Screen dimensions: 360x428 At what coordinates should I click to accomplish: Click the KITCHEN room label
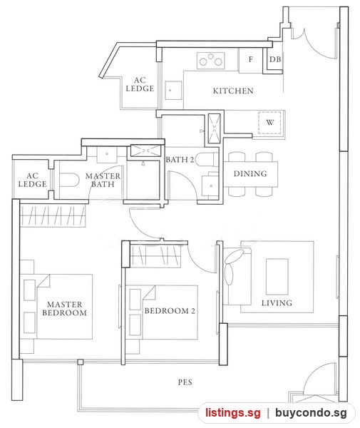click(x=233, y=91)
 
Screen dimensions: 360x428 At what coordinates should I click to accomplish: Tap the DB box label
click(x=275, y=59)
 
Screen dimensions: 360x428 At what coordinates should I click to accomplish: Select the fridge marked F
click(x=251, y=61)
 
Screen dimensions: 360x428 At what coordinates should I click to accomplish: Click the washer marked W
click(x=269, y=123)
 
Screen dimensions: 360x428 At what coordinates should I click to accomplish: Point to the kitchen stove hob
click(x=210, y=61)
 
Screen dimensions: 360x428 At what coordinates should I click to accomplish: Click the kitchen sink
click(x=173, y=91)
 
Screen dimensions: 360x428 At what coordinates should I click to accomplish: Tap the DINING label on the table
click(x=250, y=173)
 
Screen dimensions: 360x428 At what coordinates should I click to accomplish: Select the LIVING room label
click(x=277, y=303)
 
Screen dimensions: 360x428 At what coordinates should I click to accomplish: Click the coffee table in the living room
click(x=277, y=277)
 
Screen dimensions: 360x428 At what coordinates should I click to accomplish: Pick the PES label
click(x=185, y=382)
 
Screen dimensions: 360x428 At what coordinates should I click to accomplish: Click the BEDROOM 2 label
click(x=170, y=311)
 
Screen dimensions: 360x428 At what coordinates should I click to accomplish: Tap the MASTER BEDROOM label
click(x=64, y=308)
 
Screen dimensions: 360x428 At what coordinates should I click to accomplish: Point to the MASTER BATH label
click(x=103, y=180)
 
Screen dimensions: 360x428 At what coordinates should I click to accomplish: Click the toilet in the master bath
click(x=69, y=180)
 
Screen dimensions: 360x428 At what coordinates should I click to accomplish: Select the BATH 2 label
click(x=180, y=160)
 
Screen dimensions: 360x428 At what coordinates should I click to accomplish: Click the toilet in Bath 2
click(x=207, y=159)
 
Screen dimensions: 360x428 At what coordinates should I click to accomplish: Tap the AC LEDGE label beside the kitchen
click(x=140, y=84)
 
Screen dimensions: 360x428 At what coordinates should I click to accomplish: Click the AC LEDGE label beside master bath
click(x=33, y=180)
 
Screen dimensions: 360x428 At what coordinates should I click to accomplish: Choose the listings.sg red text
click(x=233, y=412)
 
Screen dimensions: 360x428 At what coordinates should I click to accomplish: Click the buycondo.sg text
click(x=311, y=413)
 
